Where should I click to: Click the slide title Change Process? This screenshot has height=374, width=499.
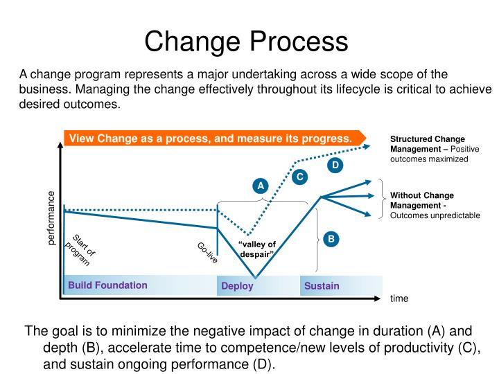click(x=246, y=41)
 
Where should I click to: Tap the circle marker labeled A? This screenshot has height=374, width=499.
click(x=260, y=186)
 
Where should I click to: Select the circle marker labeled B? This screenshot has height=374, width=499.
click(x=331, y=240)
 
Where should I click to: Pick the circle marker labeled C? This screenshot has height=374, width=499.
click(x=300, y=177)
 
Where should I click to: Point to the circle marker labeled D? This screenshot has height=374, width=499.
click(x=335, y=165)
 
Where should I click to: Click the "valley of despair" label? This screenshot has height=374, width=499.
click(x=257, y=249)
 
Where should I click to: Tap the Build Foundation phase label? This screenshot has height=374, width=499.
click(x=107, y=285)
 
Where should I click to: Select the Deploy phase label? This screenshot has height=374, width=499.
click(x=237, y=286)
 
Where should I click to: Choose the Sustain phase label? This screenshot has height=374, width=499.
click(x=322, y=285)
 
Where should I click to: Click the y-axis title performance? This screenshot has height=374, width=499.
click(x=51, y=217)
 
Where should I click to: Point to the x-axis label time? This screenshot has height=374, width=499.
click(x=399, y=299)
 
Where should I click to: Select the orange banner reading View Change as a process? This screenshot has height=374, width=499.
click(x=211, y=139)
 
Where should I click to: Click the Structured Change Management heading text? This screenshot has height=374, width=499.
click(x=427, y=143)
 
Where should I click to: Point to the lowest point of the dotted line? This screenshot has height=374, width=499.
click(x=247, y=233)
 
